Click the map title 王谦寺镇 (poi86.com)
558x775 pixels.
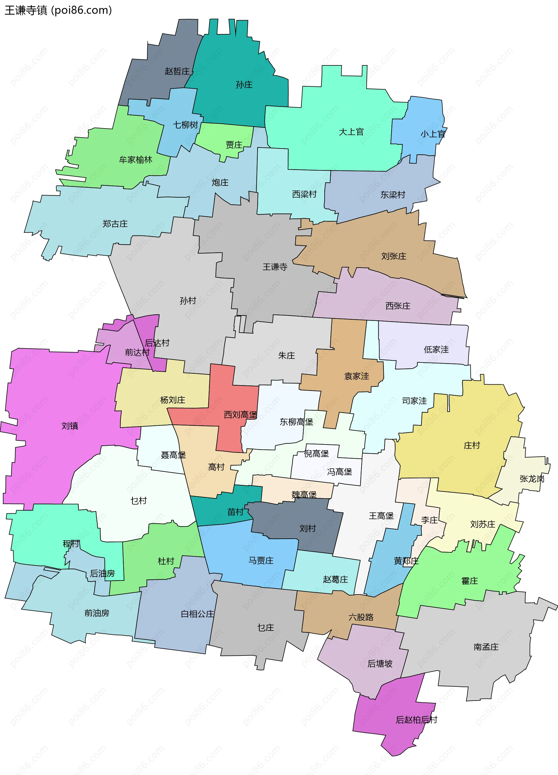click(58, 10)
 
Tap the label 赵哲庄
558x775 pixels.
click(177, 71)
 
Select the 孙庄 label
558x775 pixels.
click(244, 84)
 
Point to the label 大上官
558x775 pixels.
click(351, 132)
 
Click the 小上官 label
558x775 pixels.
click(432, 134)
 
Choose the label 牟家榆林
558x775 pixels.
click(135, 160)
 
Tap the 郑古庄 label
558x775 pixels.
click(115, 224)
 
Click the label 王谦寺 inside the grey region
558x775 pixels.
click(275, 267)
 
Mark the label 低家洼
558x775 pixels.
click(436, 350)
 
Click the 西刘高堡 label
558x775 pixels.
click(240, 415)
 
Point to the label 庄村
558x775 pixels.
click(472, 445)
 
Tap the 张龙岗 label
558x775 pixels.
click(532, 479)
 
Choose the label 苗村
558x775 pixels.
click(235, 512)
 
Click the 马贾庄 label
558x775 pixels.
click(261, 560)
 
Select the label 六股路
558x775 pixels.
click(361, 617)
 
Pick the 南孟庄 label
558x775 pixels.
click(486, 647)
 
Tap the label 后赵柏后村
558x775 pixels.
click(416, 720)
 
